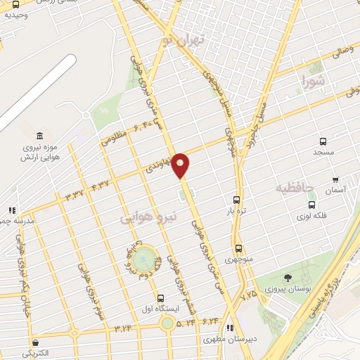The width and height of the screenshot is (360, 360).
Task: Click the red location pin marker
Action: [181, 165]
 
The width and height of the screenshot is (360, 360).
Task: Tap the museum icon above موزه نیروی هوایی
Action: [39, 136]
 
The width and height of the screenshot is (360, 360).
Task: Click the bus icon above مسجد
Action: [323, 141]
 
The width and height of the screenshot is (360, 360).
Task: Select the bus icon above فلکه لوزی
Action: [311, 205]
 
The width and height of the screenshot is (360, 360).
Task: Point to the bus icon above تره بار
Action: [236, 199]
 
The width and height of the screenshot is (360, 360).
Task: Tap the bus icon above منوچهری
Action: [239, 248]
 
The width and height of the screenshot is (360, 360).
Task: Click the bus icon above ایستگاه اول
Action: [161, 298]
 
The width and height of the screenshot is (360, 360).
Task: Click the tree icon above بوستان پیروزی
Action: [287, 278]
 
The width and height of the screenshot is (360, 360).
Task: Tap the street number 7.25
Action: [248, 295]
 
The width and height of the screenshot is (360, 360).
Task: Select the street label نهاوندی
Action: [157, 167]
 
